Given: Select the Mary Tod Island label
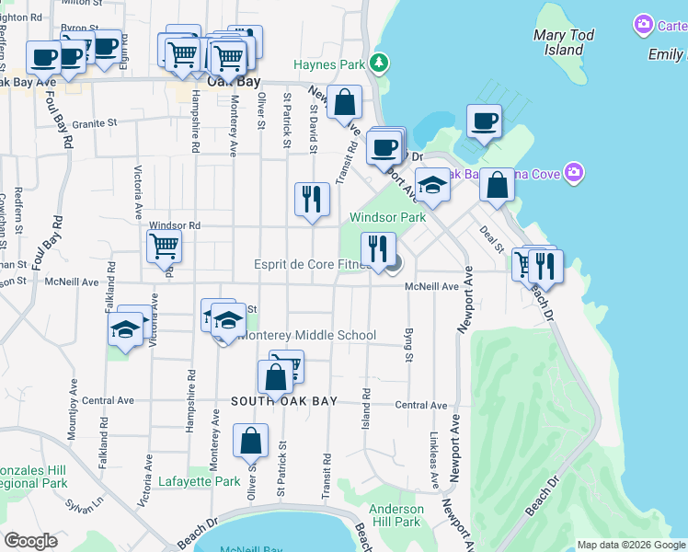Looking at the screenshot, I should (564, 42).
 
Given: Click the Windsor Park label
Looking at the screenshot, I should (387, 217).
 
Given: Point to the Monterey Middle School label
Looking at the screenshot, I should (306, 335).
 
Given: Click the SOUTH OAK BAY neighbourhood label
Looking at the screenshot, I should (284, 401).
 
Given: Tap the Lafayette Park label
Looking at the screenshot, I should (199, 481).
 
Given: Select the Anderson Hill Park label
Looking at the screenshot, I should (396, 515).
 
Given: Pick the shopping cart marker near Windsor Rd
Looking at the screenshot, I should (164, 246).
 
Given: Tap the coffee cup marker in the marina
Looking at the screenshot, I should (484, 121).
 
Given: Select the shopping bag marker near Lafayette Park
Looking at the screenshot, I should (250, 442).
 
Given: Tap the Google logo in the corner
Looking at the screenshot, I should (30, 541).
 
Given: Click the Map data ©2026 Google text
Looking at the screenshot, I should (631, 545).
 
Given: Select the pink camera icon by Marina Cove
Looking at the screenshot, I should (575, 172).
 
